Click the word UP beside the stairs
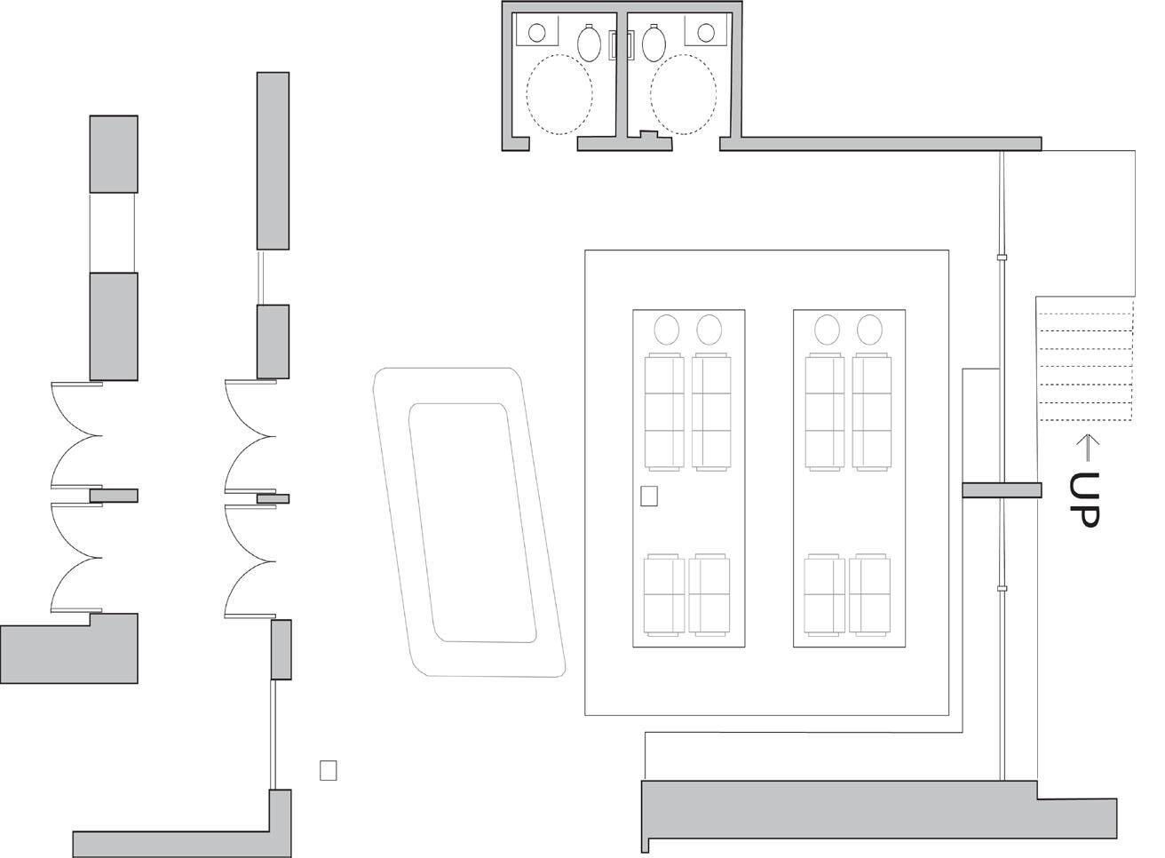point(1085,499)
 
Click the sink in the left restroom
point(536,33)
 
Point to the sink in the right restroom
point(706,33)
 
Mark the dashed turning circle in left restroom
point(559,94)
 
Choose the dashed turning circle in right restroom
point(684,94)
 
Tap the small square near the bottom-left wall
point(329,770)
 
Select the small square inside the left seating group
point(649,496)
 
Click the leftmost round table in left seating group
point(667,330)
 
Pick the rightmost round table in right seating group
point(869,330)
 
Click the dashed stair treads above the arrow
point(1086,360)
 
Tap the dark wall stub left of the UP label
point(1002,489)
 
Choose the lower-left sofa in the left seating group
point(665,594)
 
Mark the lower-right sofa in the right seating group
point(869,594)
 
